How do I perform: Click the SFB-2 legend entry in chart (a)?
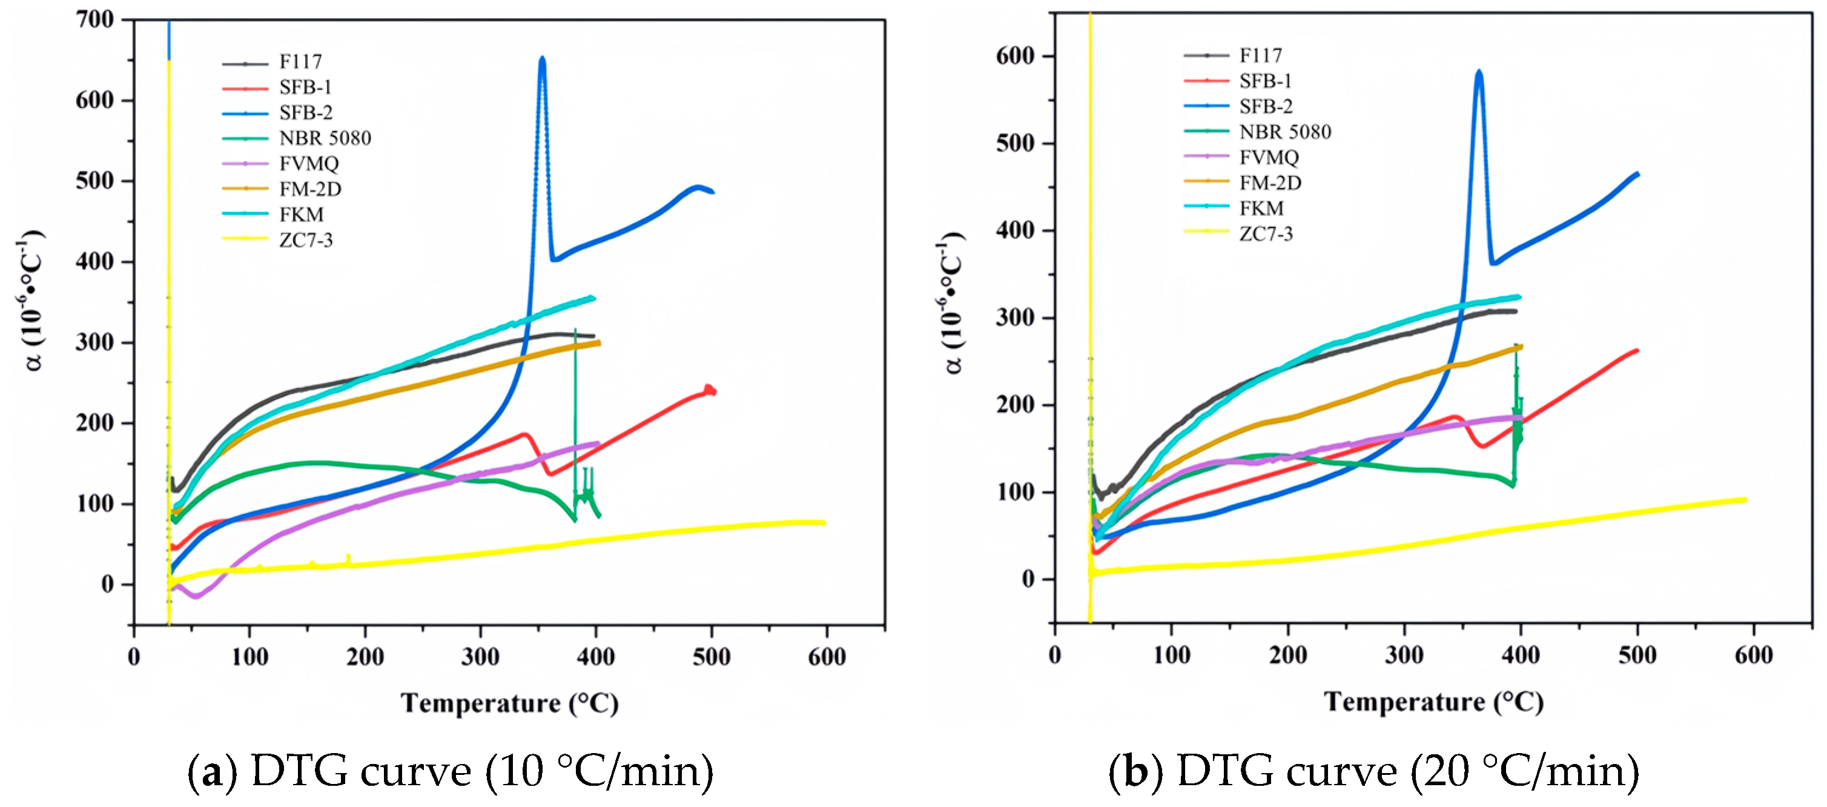point(305,112)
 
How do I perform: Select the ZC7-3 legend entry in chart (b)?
point(1265,233)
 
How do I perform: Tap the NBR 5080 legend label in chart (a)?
point(325,138)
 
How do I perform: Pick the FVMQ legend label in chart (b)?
point(1269,157)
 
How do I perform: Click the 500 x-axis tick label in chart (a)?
point(711,657)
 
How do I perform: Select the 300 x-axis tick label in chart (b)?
point(1404,654)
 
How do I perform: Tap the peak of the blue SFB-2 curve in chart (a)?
point(542,59)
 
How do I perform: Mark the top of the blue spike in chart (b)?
point(1479,71)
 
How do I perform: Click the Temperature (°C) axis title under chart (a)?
point(509,703)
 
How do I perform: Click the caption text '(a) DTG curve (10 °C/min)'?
point(451,771)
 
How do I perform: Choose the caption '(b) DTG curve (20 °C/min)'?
point(1374,771)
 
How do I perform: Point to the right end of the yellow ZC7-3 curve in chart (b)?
point(1745,500)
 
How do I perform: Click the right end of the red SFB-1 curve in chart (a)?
point(713,391)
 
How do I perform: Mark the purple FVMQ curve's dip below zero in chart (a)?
point(196,596)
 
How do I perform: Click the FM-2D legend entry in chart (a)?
point(309,189)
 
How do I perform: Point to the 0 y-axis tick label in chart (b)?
point(1028,579)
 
